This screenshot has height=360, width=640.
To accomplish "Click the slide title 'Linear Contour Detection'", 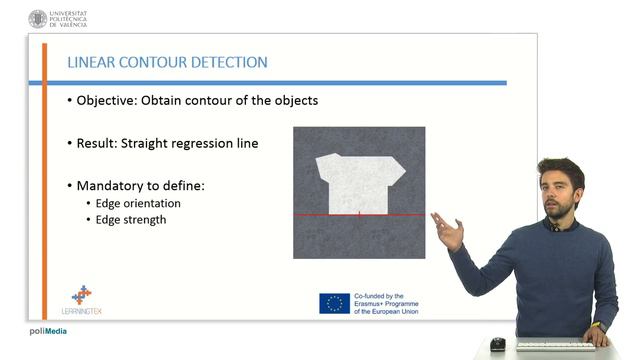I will (167, 63).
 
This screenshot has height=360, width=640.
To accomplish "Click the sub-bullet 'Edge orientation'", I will (138, 203).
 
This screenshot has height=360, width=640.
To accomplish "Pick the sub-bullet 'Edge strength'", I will (131, 219).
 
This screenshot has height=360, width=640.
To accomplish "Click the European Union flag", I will (334, 303).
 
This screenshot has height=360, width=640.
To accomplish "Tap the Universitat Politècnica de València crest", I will (38, 18).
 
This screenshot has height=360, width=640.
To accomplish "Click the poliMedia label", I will (48, 331).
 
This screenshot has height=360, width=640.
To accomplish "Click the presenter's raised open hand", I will (448, 233).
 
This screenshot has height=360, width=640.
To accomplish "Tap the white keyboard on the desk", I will (555, 346).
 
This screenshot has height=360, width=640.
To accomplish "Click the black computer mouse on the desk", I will (497, 344).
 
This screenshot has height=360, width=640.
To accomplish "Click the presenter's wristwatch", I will (598, 327).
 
